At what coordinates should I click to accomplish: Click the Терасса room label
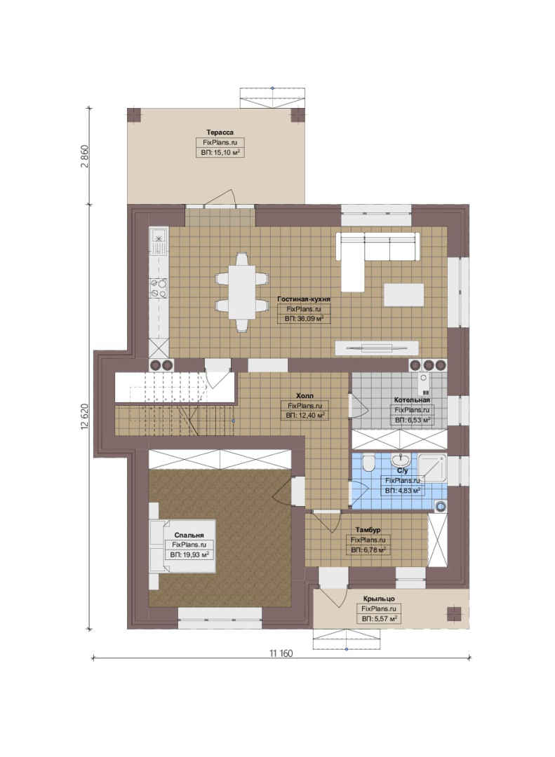[x=220, y=132]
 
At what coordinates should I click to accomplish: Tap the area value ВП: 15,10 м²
[x=220, y=153]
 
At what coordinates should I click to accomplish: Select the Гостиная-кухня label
[x=304, y=299]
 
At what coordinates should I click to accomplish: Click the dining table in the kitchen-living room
[x=241, y=292]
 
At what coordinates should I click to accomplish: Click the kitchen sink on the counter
[x=159, y=241]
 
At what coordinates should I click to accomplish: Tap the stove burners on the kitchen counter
[x=159, y=288]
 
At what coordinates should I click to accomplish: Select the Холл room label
[x=305, y=396]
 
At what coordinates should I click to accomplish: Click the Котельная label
[x=412, y=400]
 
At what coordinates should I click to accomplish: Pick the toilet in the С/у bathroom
[x=368, y=463]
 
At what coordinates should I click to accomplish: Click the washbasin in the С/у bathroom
[x=401, y=459]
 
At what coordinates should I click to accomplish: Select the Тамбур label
[x=368, y=530]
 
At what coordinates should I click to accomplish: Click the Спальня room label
[x=189, y=535]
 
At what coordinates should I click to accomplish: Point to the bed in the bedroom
[x=182, y=546]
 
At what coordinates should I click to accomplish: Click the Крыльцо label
[x=379, y=599]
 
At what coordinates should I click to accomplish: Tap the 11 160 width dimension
[x=281, y=654]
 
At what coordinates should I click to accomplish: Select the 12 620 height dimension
[x=86, y=416]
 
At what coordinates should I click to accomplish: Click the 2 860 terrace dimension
[x=86, y=156]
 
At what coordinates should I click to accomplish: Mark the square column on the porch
[x=454, y=613]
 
